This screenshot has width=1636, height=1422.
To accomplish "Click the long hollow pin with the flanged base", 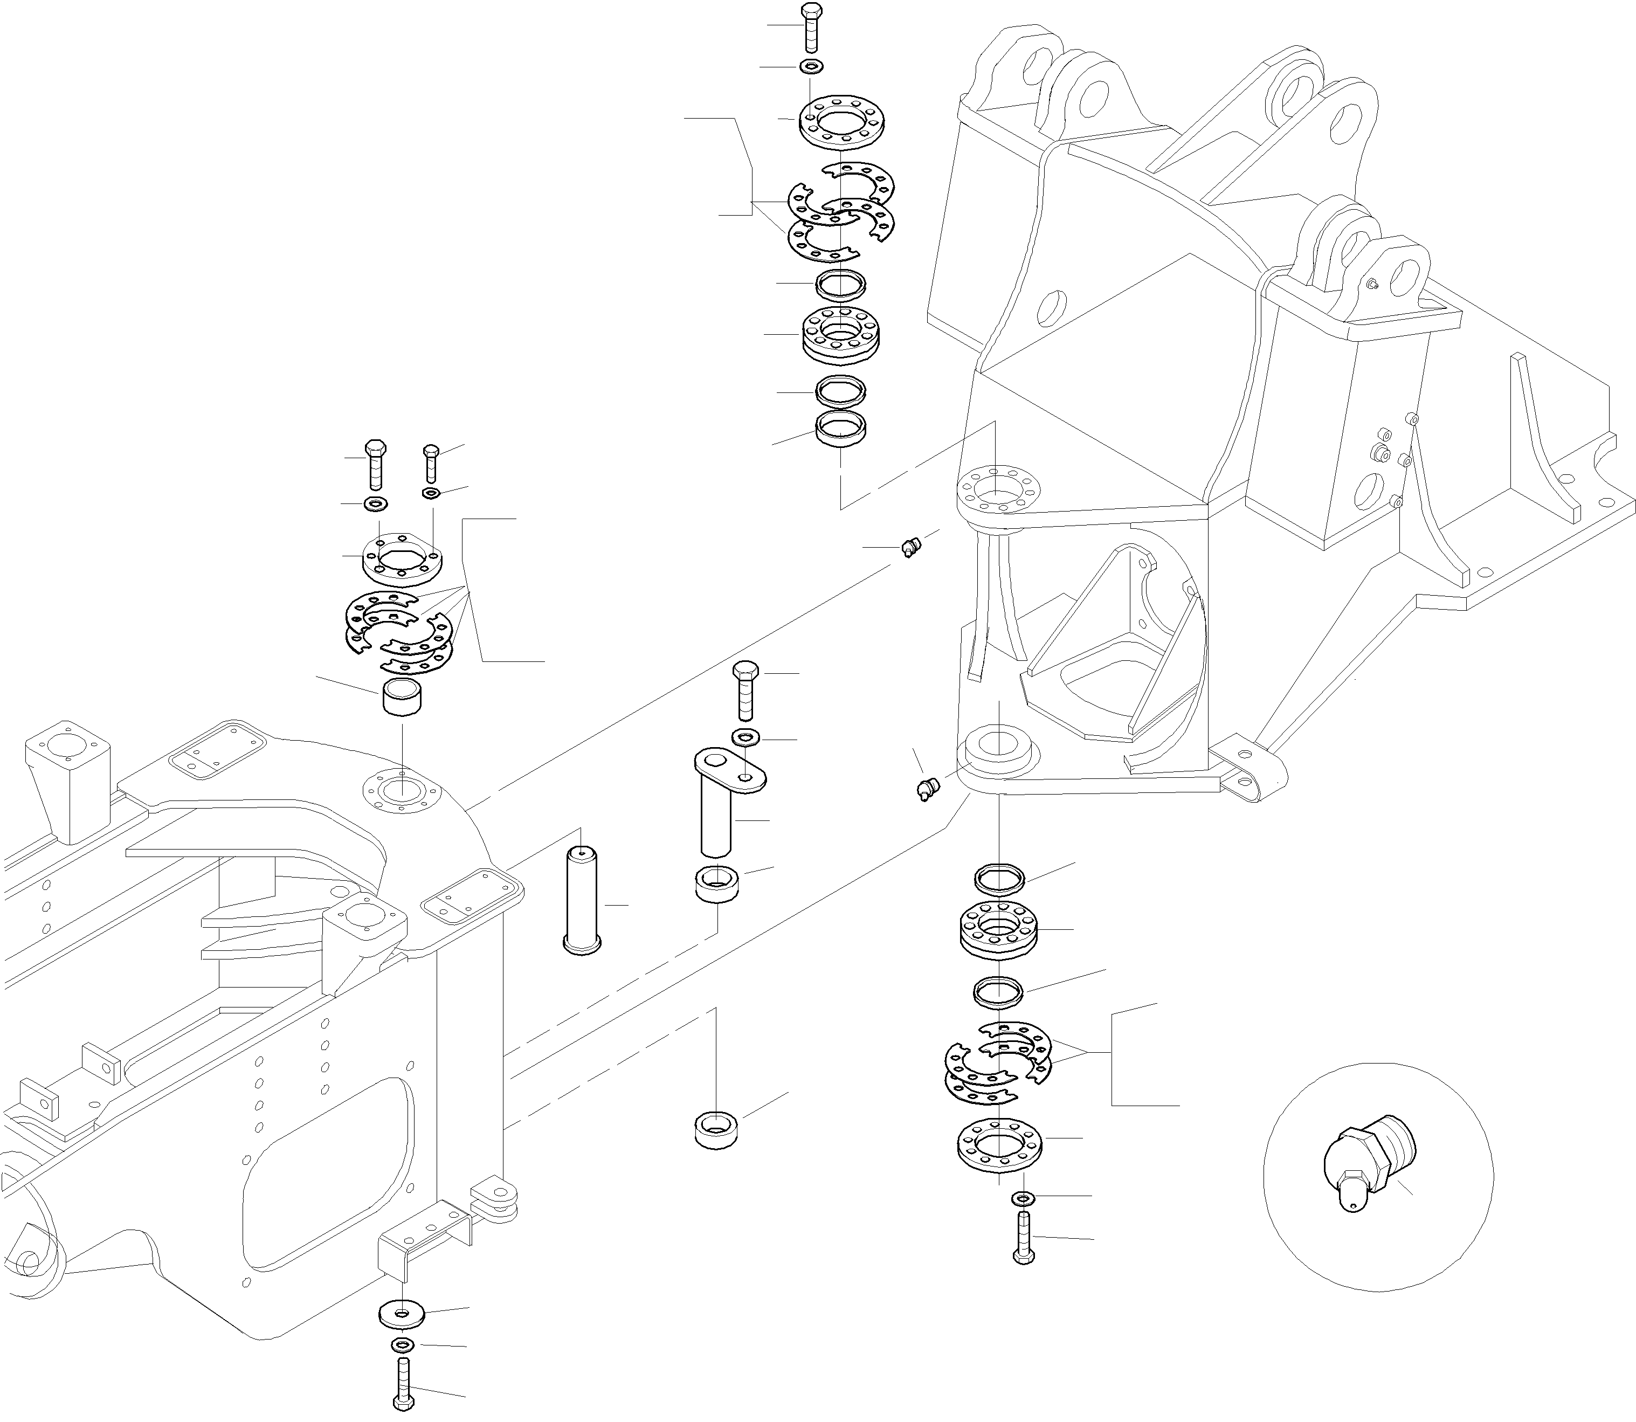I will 582,902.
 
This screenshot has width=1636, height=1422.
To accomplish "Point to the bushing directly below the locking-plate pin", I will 717,884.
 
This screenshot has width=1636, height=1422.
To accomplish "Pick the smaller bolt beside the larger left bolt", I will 431,463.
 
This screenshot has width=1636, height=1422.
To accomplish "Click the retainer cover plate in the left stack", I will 402,560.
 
